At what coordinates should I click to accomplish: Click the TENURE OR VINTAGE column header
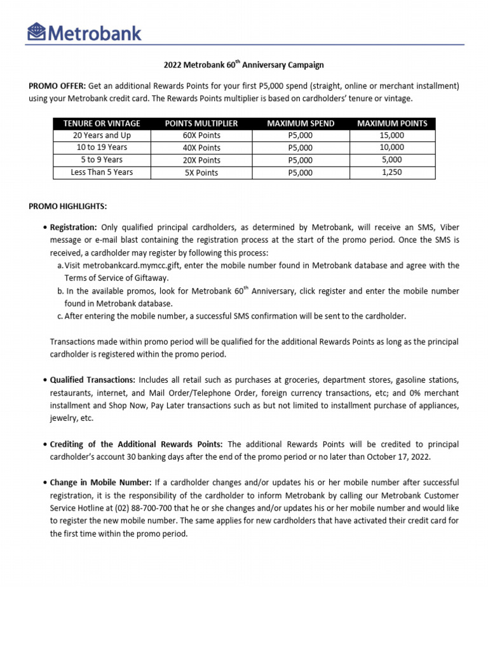click(102, 123)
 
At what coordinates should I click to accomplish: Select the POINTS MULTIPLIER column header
click(201, 123)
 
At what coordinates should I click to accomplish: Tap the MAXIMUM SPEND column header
click(301, 123)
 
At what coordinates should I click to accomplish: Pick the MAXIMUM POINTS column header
click(392, 123)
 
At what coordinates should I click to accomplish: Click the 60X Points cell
click(201, 135)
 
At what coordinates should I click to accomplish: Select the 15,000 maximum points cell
click(392, 135)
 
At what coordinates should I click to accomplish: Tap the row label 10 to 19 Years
click(102, 147)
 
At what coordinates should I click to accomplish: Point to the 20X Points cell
click(201, 160)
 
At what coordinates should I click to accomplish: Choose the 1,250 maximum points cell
click(392, 172)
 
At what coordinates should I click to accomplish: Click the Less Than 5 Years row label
click(102, 172)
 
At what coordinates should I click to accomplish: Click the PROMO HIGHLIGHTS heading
click(68, 207)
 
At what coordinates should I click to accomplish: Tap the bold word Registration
click(73, 227)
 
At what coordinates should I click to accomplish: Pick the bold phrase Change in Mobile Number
click(100, 483)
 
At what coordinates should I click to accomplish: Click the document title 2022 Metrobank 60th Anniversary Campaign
click(244, 65)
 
